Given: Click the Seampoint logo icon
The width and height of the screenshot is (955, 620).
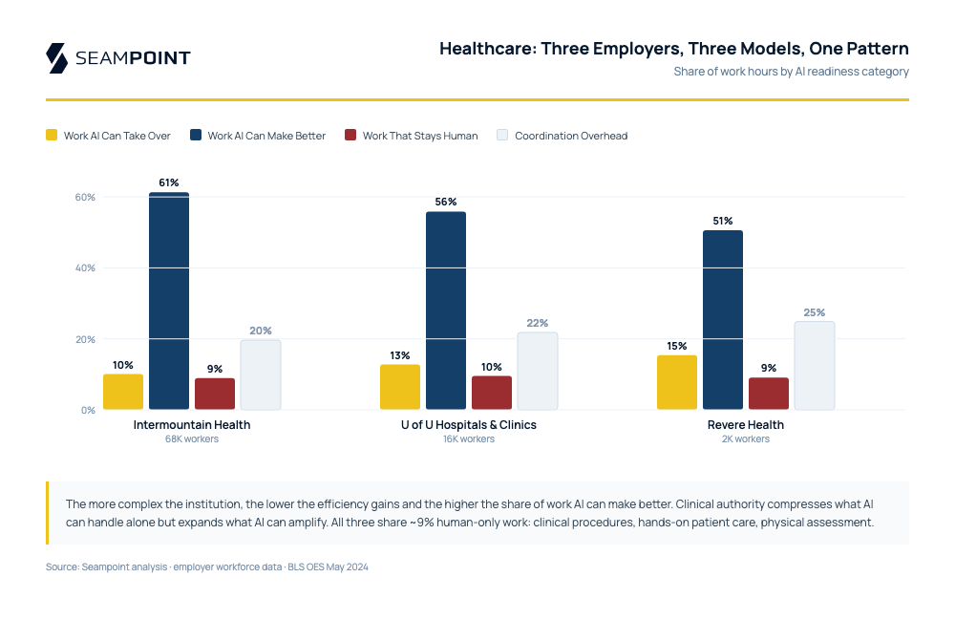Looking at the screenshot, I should pos(56,57).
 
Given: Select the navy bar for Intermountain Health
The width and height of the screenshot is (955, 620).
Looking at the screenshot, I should pos(169,301).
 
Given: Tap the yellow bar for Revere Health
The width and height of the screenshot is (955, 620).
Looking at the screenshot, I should pos(676,382).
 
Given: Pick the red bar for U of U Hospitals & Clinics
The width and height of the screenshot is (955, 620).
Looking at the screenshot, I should pos(492,393).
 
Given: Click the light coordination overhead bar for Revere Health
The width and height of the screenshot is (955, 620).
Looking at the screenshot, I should pos(815,365).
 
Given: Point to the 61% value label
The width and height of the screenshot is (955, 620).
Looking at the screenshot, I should pos(169,182).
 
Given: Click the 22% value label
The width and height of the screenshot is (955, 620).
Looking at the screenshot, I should pos(538,323).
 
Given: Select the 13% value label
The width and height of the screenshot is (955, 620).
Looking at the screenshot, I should pos(400,355).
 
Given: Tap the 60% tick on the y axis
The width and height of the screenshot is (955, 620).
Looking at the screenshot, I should pos(86,197).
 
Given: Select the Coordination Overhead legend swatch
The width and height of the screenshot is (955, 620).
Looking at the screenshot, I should pos(502,136).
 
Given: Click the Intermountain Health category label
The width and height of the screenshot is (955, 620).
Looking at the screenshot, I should pos(192,425).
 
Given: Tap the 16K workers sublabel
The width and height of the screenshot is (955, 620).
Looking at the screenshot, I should pos(468,439).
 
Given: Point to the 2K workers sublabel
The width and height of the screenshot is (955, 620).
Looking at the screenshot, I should pos(746,439).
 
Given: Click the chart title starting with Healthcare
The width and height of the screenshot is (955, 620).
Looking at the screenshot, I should pos(673,49).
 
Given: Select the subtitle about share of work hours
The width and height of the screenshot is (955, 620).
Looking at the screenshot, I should pos(791,72).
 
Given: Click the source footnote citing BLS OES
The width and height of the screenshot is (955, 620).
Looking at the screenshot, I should pos(207,567).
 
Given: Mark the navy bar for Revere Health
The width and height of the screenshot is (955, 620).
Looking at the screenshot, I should pos(723,320).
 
